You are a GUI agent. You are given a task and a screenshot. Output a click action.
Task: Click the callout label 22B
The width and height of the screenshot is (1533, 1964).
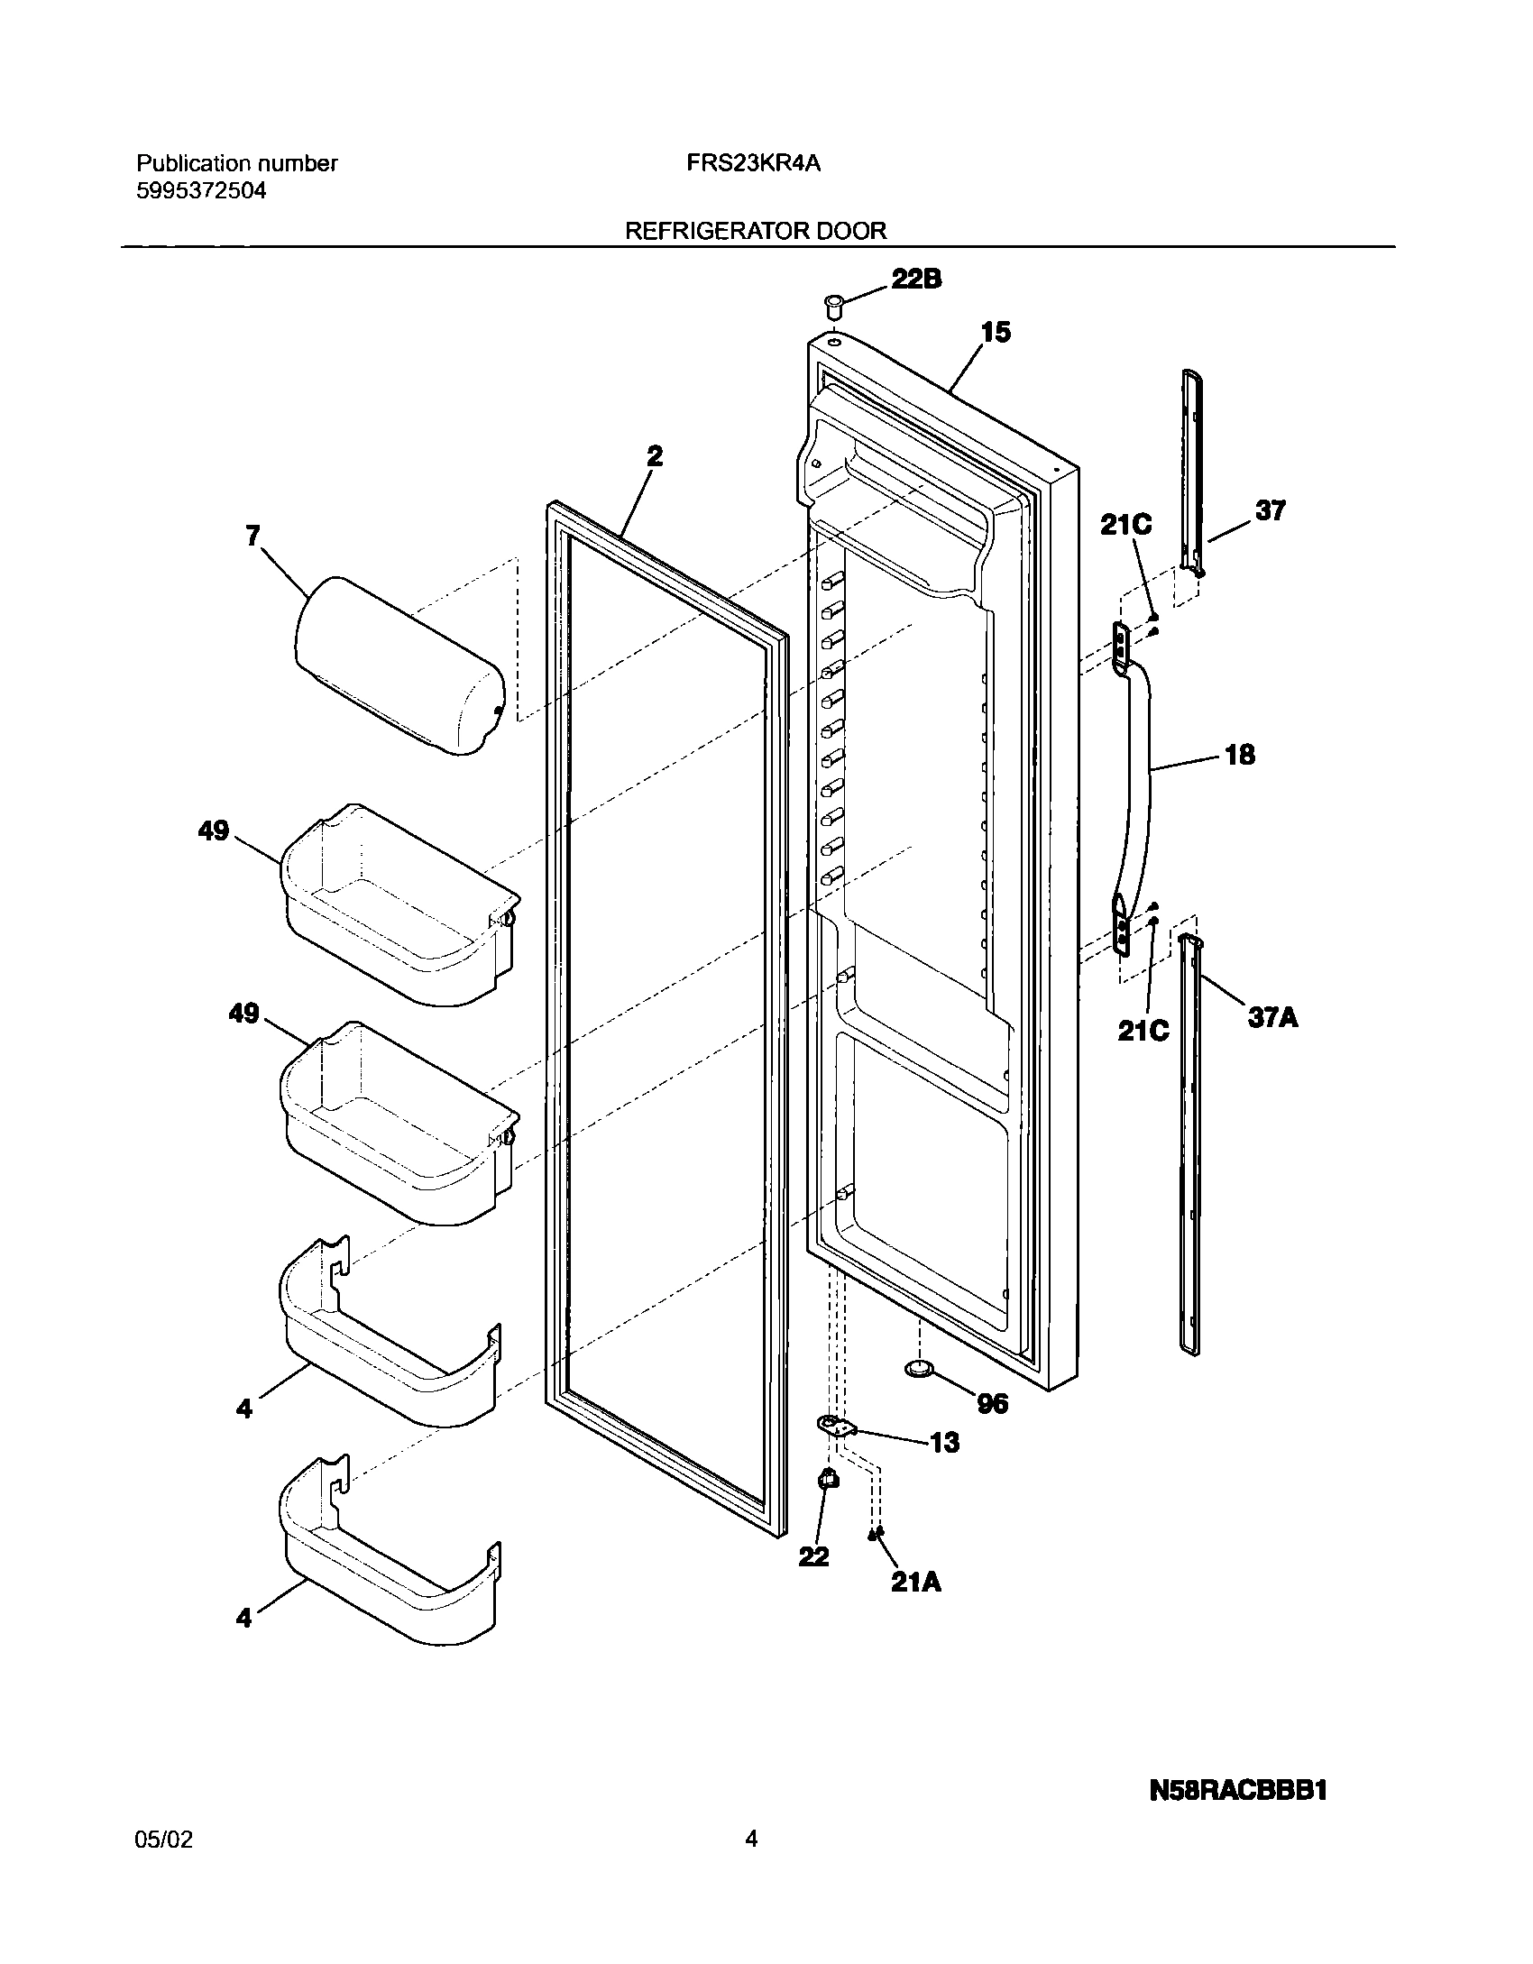pos(916,280)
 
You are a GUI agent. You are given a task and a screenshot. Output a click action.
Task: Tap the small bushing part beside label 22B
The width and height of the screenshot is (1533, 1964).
pos(834,305)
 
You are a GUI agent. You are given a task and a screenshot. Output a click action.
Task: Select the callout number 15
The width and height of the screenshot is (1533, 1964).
pos(996,333)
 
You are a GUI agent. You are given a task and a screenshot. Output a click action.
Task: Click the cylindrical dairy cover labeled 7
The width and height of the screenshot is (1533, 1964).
pos(399,665)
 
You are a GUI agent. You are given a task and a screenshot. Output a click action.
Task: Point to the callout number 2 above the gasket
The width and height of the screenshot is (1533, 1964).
pos(655,456)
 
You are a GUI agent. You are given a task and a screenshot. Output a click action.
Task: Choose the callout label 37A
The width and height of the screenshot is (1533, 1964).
pos(1272,1018)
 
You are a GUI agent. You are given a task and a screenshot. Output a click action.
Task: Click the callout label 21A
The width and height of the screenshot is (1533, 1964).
pos(915,1582)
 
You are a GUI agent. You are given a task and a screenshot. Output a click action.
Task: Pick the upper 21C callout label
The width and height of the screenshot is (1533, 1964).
pos(1125,525)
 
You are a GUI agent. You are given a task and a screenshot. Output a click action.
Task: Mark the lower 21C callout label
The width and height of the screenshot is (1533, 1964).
pos(1143,1031)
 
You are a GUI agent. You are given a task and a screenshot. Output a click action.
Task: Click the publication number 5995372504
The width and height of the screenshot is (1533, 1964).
pos(201,191)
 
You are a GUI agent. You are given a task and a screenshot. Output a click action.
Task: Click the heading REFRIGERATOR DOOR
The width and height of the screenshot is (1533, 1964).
pos(756,231)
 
